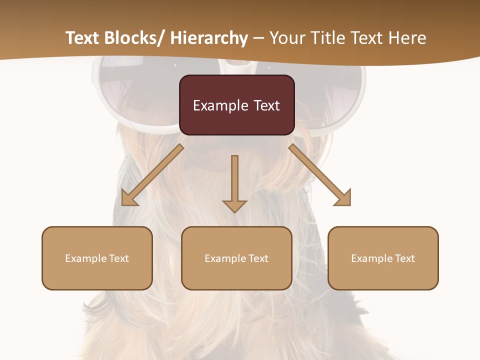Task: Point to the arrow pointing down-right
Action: [320, 175]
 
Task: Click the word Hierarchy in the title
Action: [209, 38]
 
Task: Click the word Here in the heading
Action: [408, 38]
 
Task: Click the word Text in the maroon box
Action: [266, 105]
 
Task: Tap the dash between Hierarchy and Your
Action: [258, 38]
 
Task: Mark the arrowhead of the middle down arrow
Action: [234, 206]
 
